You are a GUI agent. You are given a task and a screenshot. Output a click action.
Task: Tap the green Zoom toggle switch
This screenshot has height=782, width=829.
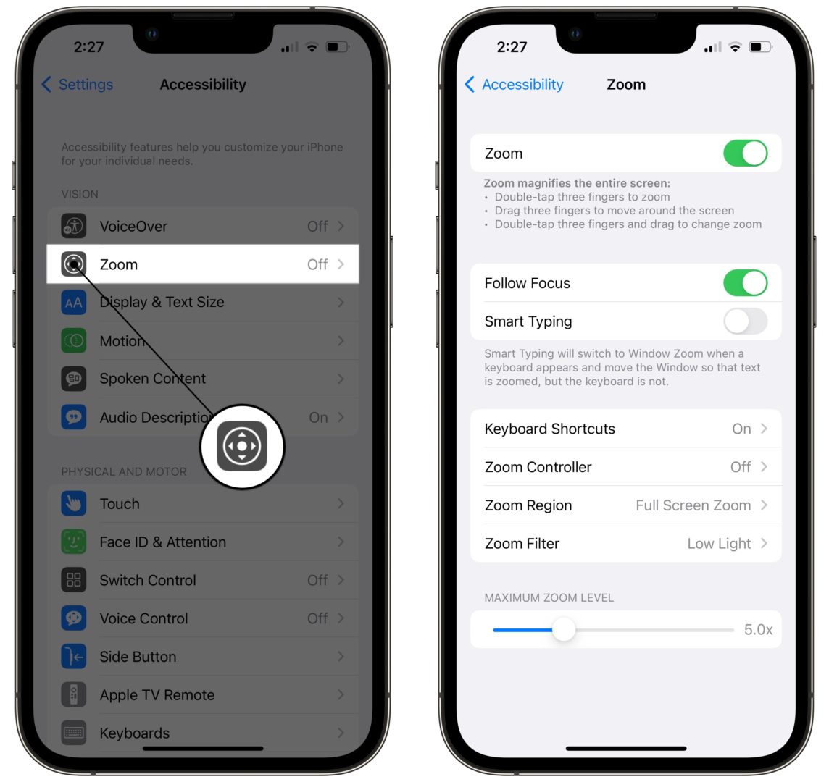(x=745, y=154)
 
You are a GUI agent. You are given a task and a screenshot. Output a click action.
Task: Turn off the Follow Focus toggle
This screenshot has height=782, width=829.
(x=745, y=283)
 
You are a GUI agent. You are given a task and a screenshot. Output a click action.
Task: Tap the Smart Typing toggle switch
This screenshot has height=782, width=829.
(x=745, y=321)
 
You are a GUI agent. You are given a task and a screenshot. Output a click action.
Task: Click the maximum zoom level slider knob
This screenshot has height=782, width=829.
(x=563, y=629)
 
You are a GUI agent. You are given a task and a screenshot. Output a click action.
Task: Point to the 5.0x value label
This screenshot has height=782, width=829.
(x=758, y=630)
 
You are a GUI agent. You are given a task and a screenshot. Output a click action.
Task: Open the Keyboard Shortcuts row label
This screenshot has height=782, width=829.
(x=549, y=429)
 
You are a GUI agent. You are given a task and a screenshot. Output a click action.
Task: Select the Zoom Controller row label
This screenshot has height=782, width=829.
(x=538, y=467)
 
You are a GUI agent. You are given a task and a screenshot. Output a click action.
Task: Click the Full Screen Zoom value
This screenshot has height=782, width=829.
(x=693, y=505)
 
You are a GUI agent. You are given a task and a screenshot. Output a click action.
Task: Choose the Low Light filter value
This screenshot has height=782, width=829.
(x=719, y=544)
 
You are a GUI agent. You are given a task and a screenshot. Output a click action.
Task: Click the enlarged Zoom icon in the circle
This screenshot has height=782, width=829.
(x=242, y=447)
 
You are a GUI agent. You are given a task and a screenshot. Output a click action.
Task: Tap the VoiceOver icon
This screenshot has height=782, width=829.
(x=74, y=227)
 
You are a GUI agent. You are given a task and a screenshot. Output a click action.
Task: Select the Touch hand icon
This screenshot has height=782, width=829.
(x=74, y=504)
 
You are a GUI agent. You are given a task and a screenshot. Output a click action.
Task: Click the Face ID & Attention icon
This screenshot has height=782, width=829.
(x=74, y=542)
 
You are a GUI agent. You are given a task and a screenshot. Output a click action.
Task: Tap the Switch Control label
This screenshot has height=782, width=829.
(x=148, y=581)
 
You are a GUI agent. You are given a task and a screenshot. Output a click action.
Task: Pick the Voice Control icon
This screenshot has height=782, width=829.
(x=74, y=618)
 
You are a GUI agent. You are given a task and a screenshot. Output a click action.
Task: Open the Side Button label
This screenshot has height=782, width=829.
(x=138, y=657)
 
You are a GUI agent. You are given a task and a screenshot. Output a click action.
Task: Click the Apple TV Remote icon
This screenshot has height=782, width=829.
(x=74, y=695)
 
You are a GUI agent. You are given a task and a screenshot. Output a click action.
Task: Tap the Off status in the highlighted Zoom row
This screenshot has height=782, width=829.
(x=317, y=264)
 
